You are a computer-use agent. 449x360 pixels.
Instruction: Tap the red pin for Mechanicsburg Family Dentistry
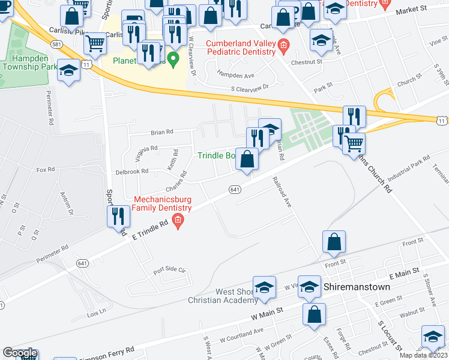(x=178, y=223)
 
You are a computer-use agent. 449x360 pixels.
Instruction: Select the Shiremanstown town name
(x=357, y=287)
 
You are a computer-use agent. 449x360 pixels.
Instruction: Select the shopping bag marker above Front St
(x=334, y=242)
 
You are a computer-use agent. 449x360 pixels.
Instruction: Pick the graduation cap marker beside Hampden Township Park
(x=69, y=70)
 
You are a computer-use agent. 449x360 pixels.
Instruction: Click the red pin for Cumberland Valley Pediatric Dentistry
(x=283, y=44)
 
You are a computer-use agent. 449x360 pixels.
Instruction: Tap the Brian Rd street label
(x=161, y=131)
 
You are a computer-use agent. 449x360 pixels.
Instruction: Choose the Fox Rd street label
(x=46, y=170)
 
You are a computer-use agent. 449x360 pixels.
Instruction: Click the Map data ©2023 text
(x=423, y=355)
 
